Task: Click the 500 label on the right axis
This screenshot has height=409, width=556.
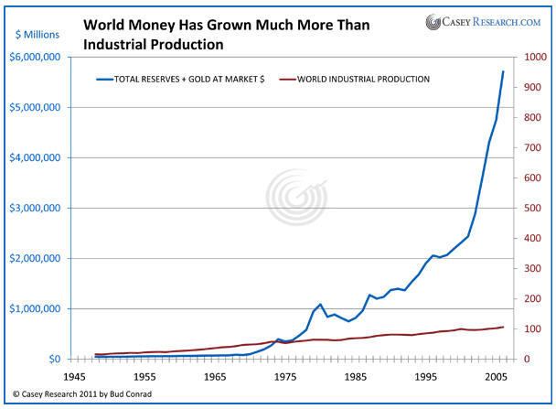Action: point(527,209)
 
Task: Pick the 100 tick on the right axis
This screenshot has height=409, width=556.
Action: point(527,329)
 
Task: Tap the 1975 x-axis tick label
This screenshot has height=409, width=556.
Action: point(287,376)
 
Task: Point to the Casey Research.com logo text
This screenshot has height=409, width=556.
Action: point(492,21)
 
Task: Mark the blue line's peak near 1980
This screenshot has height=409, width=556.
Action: point(320,304)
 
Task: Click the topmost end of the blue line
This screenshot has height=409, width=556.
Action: point(503,71)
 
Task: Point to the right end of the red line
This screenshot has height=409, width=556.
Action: point(503,327)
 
